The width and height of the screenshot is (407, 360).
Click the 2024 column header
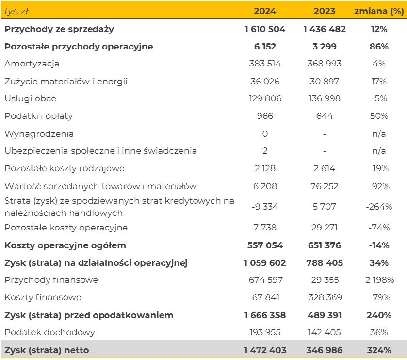click(265, 11)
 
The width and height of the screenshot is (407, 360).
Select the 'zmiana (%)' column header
click(379, 11)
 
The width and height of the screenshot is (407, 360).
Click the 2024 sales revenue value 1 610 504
click(265, 29)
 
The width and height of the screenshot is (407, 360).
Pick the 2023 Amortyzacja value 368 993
click(325, 64)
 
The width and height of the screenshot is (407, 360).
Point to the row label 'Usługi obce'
click(30, 98)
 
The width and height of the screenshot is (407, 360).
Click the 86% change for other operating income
click(379, 47)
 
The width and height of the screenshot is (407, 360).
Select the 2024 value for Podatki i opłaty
click(265, 116)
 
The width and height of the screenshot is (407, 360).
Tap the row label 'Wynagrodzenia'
click(39, 133)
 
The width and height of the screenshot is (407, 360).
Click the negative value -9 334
click(265, 207)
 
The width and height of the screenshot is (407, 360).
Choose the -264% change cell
click(379, 207)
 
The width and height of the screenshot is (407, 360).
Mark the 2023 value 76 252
click(325, 186)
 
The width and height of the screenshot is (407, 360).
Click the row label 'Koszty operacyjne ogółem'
click(65, 245)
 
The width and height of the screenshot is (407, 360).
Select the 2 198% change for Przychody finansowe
click(379, 280)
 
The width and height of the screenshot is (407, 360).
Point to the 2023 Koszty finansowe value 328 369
click(325, 297)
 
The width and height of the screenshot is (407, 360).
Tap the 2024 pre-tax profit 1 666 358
click(265, 315)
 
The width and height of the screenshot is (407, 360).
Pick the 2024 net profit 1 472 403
click(265, 350)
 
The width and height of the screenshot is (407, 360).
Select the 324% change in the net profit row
click(379, 350)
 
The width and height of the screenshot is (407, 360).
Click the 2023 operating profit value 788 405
click(325, 263)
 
